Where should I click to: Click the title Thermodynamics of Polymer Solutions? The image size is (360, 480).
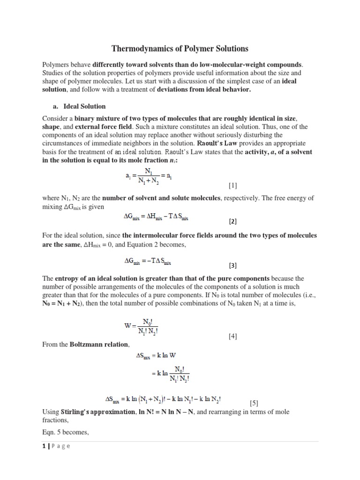pos(180,49)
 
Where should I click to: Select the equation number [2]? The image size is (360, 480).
pos(233,220)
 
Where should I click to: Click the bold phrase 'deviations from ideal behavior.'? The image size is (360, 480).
pos(204,90)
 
